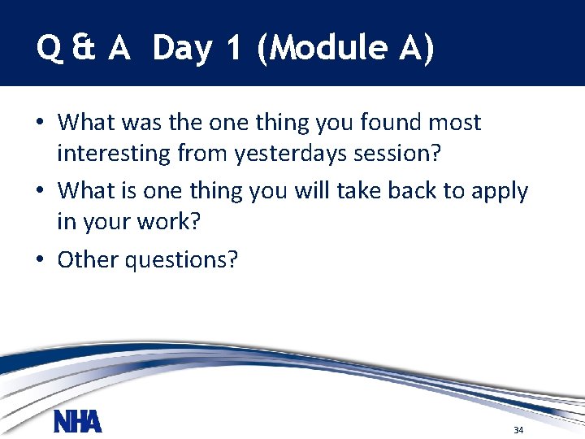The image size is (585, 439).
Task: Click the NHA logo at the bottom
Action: pyautogui.click(x=78, y=423)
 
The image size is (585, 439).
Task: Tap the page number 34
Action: pyautogui.click(x=518, y=429)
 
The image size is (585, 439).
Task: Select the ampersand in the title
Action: pyautogui.click(x=82, y=49)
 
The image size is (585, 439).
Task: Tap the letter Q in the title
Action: pyautogui.click(x=48, y=49)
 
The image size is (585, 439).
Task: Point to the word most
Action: pyautogui.click(x=453, y=123)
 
